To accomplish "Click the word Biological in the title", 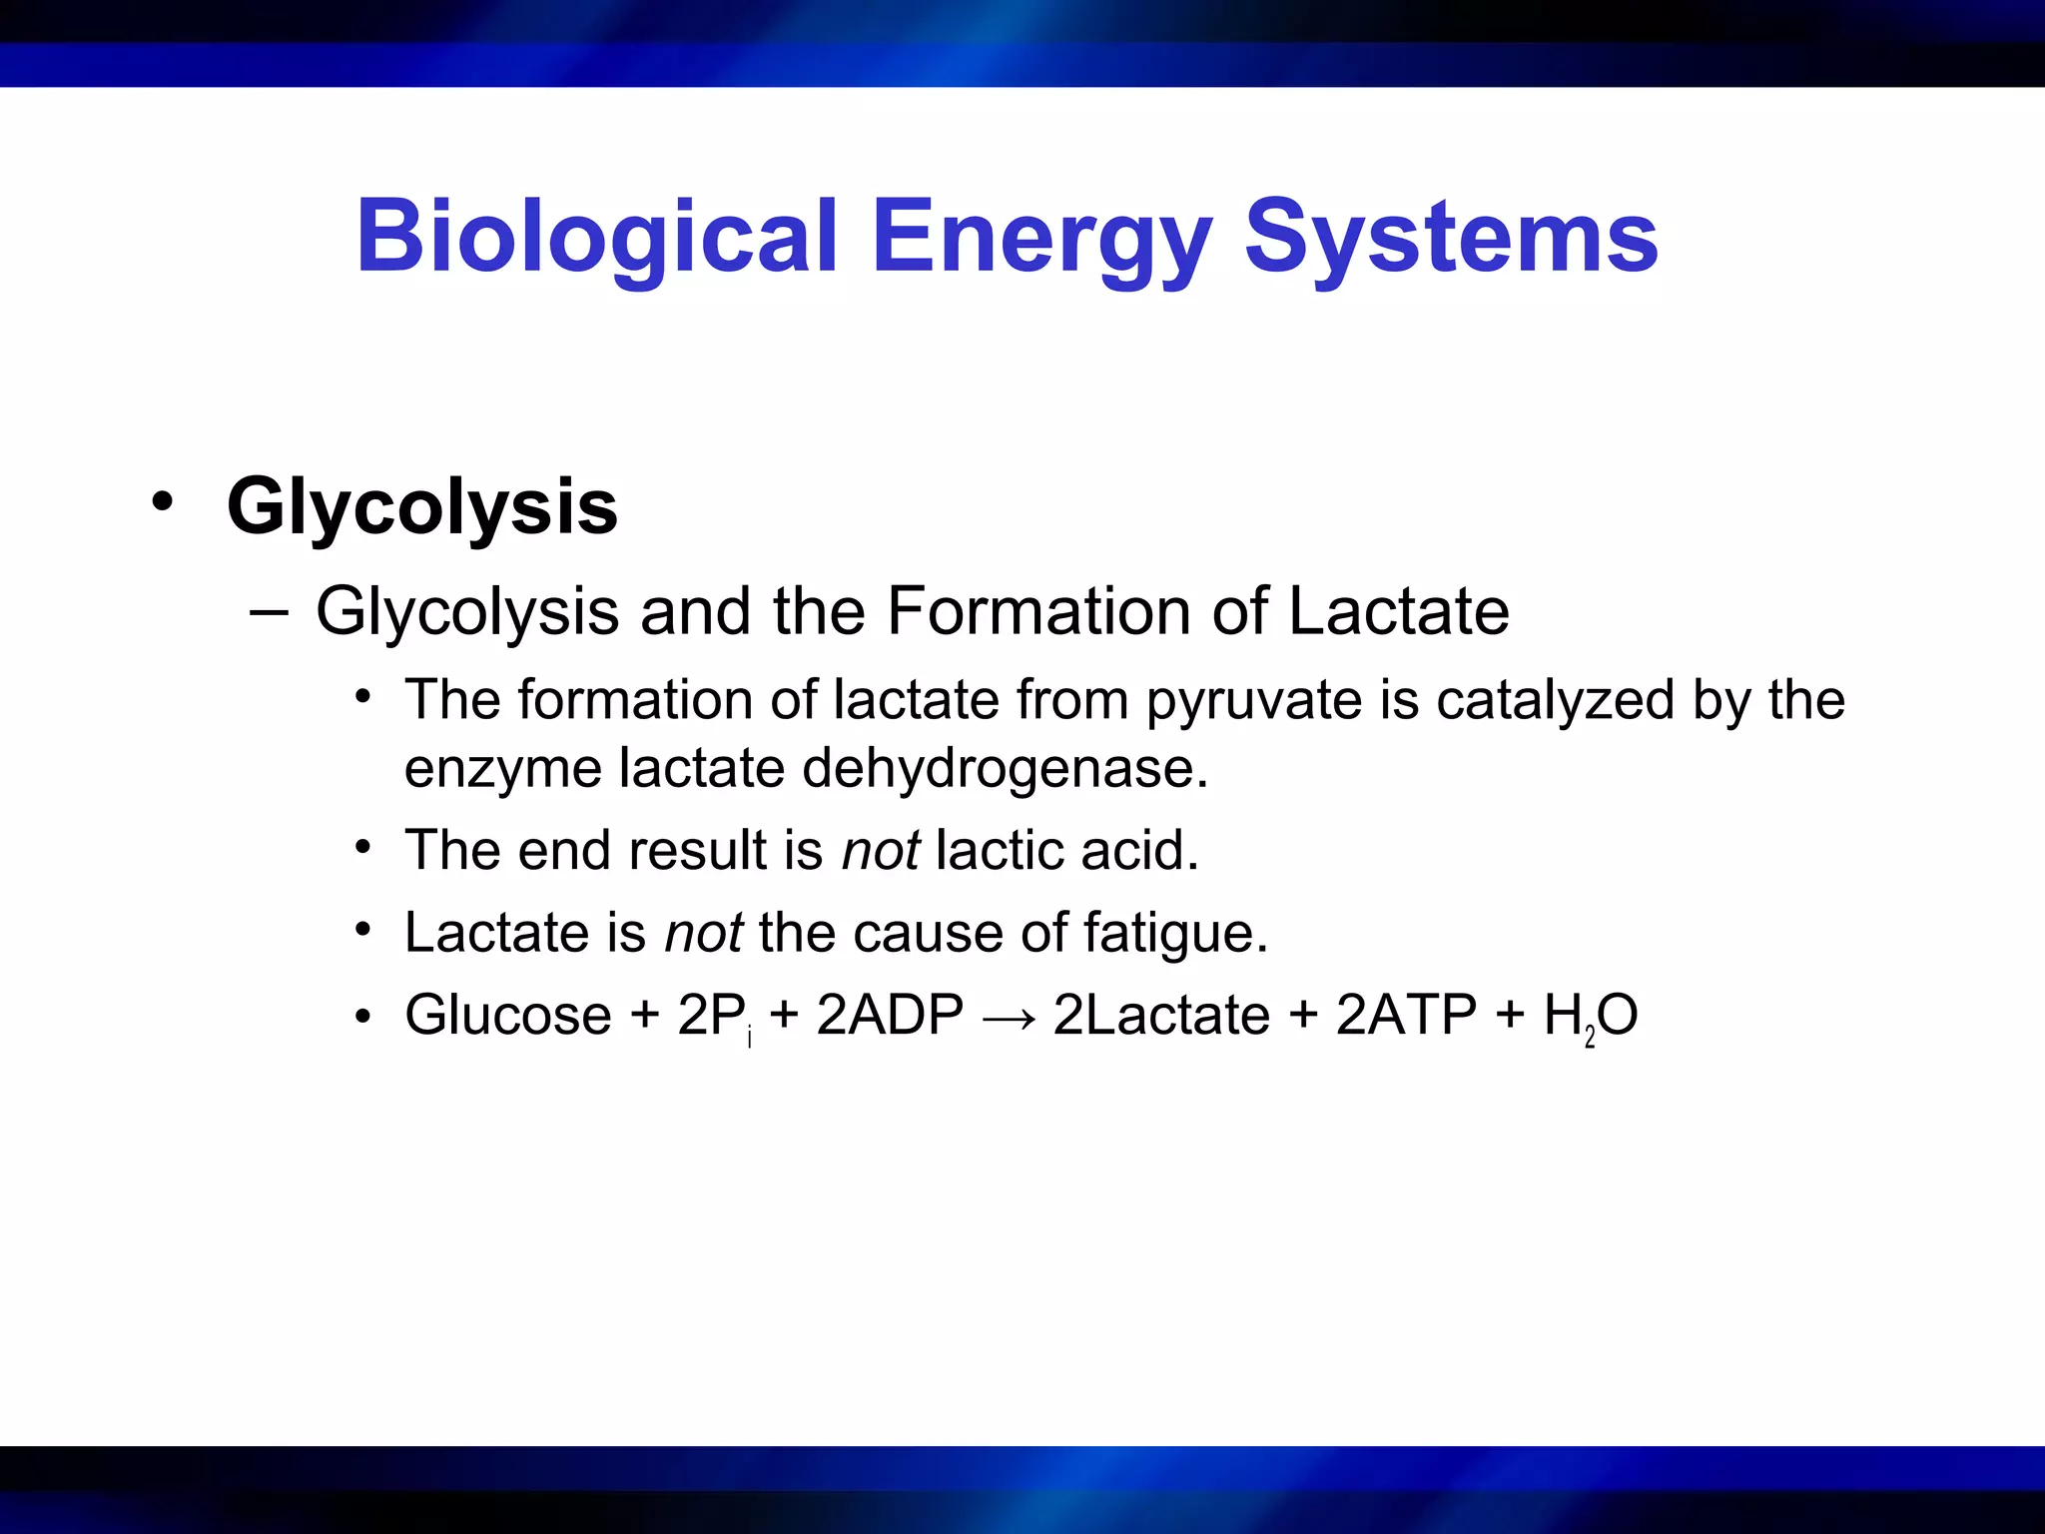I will pyautogui.click(x=595, y=238).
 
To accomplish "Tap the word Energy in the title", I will pyautogui.click(x=1040, y=238).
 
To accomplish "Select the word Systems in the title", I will pyautogui.click(x=1450, y=238).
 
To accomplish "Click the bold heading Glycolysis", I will pyautogui.click(x=421, y=507).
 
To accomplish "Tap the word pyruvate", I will pyautogui.click(x=1253, y=701).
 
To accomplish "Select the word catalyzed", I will pyautogui.click(x=1555, y=699).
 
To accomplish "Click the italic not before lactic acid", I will pyautogui.click(x=880, y=851).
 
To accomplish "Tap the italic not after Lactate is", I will pyautogui.click(x=703, y=934).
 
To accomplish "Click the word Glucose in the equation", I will pyautogui.click(x=508, y=1016).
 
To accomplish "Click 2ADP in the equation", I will pyautogui.click(x=890, y=1016).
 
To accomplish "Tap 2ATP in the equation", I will pyautogui.click(x=1406, y=1016).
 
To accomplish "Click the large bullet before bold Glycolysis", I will pyautogui.click(x=162, y=501).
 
